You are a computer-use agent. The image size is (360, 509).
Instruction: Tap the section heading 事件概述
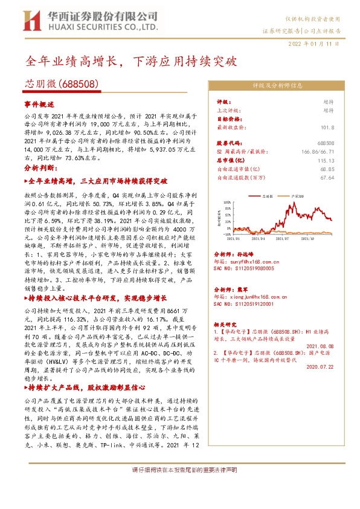(x=39, y=105)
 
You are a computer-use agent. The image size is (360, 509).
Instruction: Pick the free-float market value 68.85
(x=326, y=169)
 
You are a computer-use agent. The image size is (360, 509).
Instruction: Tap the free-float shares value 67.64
(x=326, y=178)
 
